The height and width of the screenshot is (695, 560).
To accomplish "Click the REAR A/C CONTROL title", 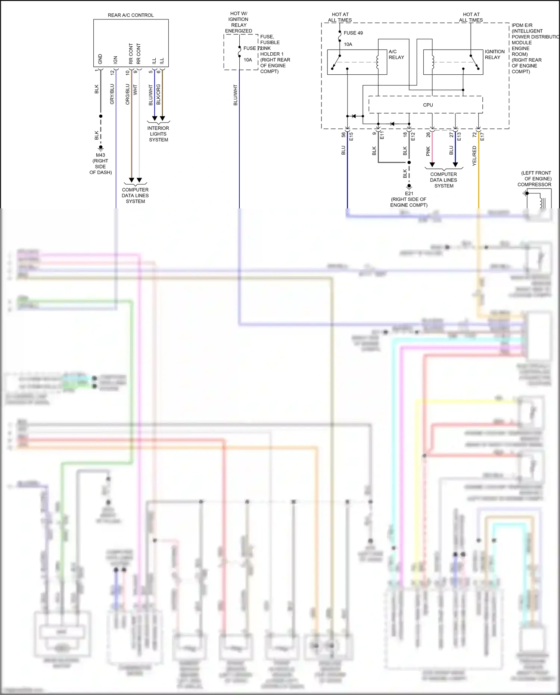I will [x=131, y=15].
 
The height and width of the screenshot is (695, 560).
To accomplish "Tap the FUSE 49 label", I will [x=353, y=33].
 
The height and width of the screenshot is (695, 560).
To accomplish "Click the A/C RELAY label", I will [x=396, y=55].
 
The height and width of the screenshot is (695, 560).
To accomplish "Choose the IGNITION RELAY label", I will [x=495, y=55].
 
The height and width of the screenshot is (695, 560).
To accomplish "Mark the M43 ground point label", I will [x=100, y=155].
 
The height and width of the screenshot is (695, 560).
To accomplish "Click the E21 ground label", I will [x=409, y=193].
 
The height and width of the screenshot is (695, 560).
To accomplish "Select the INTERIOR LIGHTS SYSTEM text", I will [x=158, y=134].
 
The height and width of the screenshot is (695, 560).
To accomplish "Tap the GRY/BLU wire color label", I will [x=112, y=94].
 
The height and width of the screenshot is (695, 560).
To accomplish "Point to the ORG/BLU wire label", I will [x=127, y=94].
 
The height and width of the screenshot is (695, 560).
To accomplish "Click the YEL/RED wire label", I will [x=474, y=156].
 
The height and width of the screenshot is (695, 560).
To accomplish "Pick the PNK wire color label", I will [x=428, y=151].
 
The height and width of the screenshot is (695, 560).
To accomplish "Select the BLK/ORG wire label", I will [x=158, y=94].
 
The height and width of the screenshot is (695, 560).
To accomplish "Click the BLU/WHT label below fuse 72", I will [x=236, y=95].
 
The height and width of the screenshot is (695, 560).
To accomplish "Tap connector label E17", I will [x=482, y=137].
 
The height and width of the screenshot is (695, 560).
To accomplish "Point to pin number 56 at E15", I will [x=343, y=135].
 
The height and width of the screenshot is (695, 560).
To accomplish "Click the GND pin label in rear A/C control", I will [x=100, y=59].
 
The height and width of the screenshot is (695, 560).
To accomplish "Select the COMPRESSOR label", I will [x=534, y=184].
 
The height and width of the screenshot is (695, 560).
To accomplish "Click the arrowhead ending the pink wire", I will [x=432, y=164].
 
